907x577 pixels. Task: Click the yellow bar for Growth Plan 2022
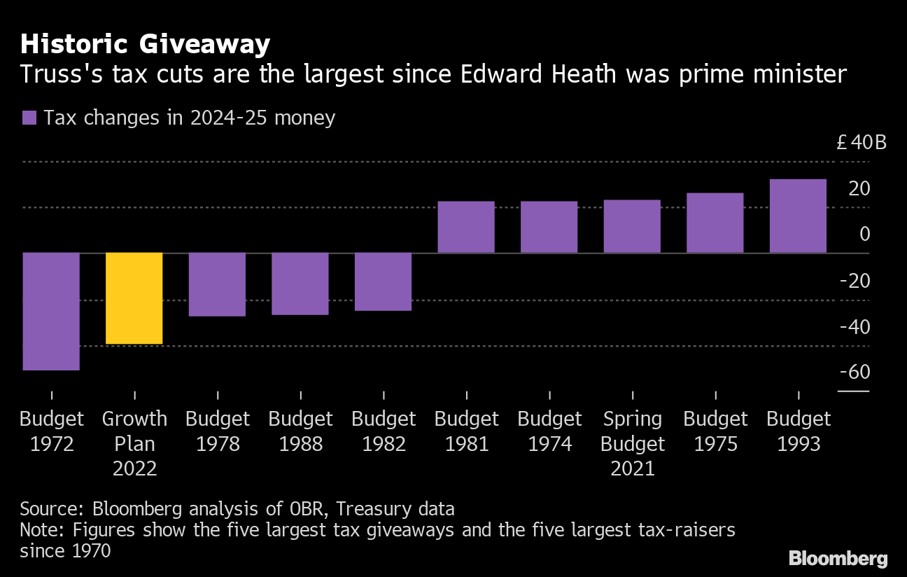tap(134, 298)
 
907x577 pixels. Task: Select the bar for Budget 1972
tap(51, 311)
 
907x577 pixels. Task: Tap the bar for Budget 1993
tap(798, 216)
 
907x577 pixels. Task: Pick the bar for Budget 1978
tap(217, 284)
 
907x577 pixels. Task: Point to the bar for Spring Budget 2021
tap(632, 226)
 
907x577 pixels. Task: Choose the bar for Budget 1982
tap(383, 281)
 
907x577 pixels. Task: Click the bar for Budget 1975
tap(715, 223)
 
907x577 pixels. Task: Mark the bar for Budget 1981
tap(466, 227)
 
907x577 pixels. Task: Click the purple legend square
tap(29, 118)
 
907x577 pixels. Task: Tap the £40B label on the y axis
tap(862, 143)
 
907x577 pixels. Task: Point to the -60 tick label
tap(854, 372)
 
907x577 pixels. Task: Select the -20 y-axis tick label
tap(854, 281)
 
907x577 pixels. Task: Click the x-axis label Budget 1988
tap(300, 431)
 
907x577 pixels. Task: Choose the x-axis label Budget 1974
tap(549, 431)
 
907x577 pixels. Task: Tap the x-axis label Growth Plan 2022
tap(134, 443)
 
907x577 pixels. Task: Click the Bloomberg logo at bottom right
tap(838, 558)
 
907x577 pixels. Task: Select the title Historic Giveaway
tap(145, 44)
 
